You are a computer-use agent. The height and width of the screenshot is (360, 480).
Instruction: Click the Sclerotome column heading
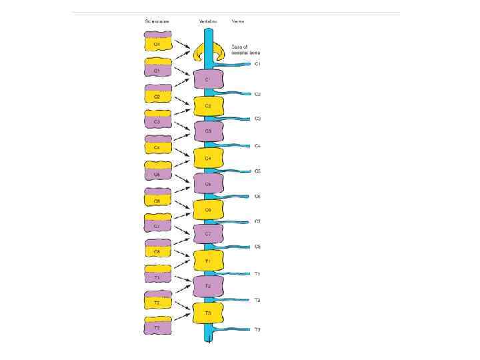tap(157, 21)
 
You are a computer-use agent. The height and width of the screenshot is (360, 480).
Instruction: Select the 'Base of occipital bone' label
tap(245, 49)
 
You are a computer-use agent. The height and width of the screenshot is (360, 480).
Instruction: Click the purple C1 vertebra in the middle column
tap(208, 80)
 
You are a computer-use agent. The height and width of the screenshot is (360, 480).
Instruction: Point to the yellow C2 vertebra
tap(208, 106)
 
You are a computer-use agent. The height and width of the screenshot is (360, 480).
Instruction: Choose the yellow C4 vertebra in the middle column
tap(208, 158)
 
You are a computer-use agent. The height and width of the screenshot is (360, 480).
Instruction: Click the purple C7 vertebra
tap(208, 234)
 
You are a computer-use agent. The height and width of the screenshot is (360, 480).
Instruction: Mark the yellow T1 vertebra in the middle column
tap(208, 261)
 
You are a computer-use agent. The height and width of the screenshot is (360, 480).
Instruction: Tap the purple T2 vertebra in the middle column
tap(208, 286)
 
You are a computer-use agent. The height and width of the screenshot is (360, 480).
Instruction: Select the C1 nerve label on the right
tap(257, 64)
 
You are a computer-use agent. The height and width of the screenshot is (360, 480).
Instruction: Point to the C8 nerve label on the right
tap(257, 247)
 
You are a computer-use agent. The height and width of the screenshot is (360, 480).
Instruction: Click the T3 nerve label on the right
tap(257, 329)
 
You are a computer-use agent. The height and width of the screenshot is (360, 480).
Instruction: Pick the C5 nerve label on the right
tap(257, 171)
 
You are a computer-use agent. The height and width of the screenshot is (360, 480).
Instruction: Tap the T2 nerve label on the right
tap(257, 300)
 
